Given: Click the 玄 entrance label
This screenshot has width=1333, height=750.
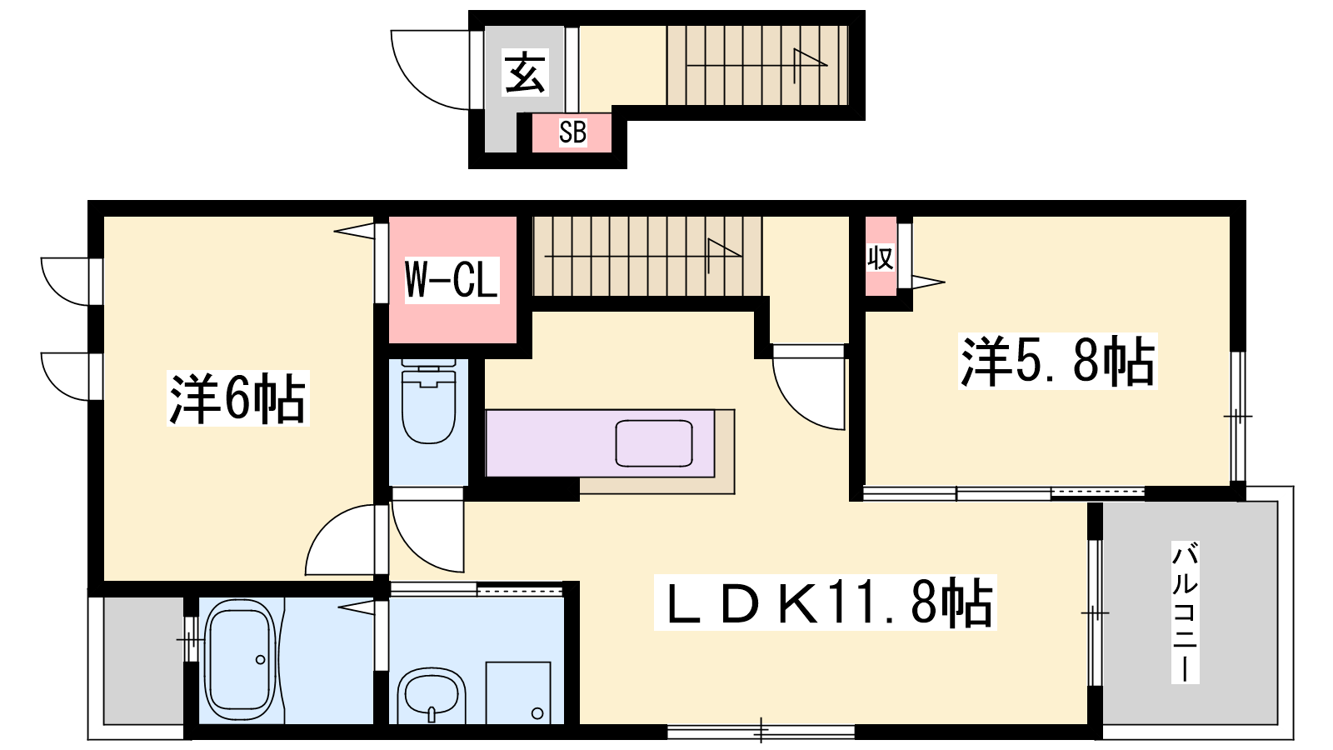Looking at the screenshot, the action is tap(525, 73).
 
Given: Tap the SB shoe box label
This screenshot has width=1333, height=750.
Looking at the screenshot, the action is tap(572, 132).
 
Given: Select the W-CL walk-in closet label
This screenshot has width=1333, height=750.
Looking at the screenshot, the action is tap(451, 280).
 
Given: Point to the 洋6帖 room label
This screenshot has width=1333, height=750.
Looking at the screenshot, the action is tap(238, 397).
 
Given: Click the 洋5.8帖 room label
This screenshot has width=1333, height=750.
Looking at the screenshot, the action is tap(1057, 361).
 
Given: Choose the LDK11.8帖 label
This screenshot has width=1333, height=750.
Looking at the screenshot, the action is tap(825, 602).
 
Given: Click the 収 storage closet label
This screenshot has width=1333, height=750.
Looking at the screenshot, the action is tap(880, 258).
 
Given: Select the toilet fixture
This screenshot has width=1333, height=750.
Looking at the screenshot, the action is tap(428, 401).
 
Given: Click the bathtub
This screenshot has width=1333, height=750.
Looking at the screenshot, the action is tap(240, 661).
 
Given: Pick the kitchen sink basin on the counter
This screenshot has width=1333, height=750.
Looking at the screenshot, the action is tap(653, 443).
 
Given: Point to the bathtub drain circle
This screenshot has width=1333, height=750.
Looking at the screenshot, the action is tap(260, 659).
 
